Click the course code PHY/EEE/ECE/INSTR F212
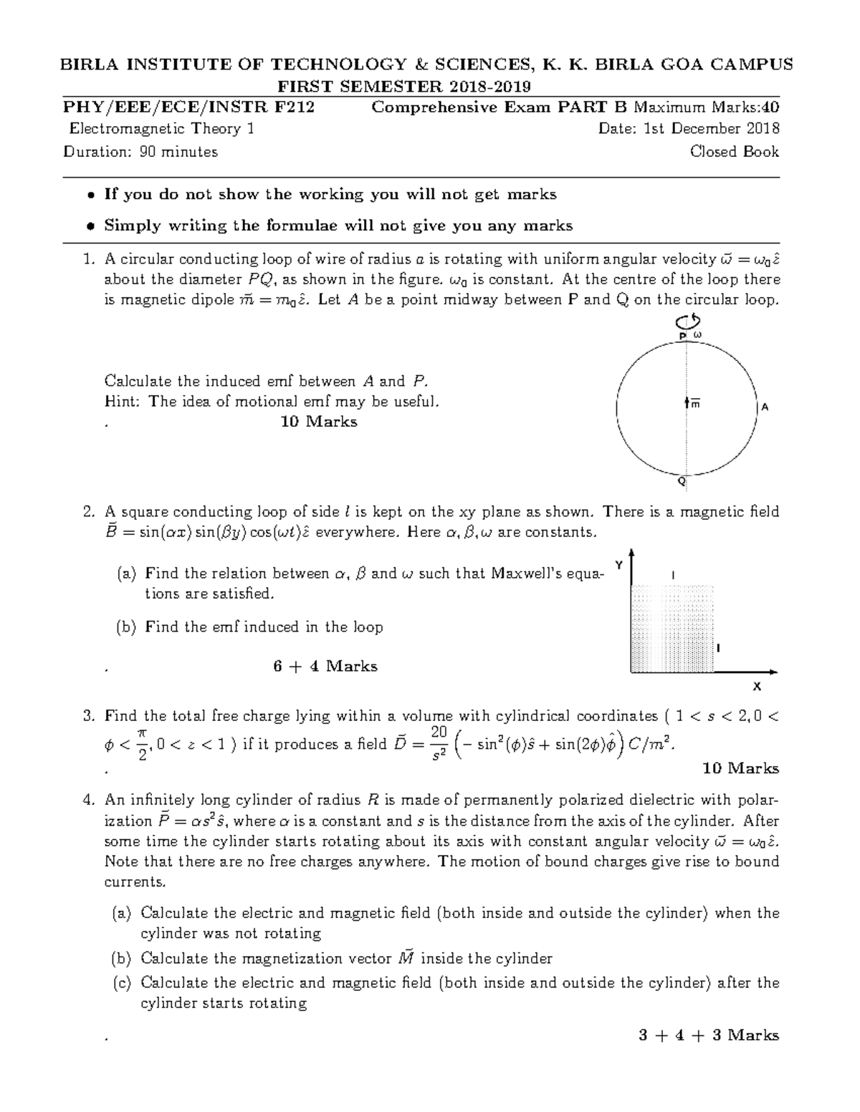click(x=188, y=108)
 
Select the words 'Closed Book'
click(x=734, y=152)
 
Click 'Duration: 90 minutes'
click(x=140, y=152)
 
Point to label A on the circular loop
click(x=765, y=407)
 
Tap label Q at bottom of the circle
click(x=682, y=482)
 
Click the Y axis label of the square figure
click(x=620, y=565)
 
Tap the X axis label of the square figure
click(x=756, y=687)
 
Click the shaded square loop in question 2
click(x=672, y=628)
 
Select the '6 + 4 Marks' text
click(x=325, y=667)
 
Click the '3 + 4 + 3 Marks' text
click(x=708, y=1035)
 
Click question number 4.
click(x=88, y=800)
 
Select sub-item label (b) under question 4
click(x=122, y=959)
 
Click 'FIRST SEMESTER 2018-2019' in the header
click(x=404, y=87)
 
